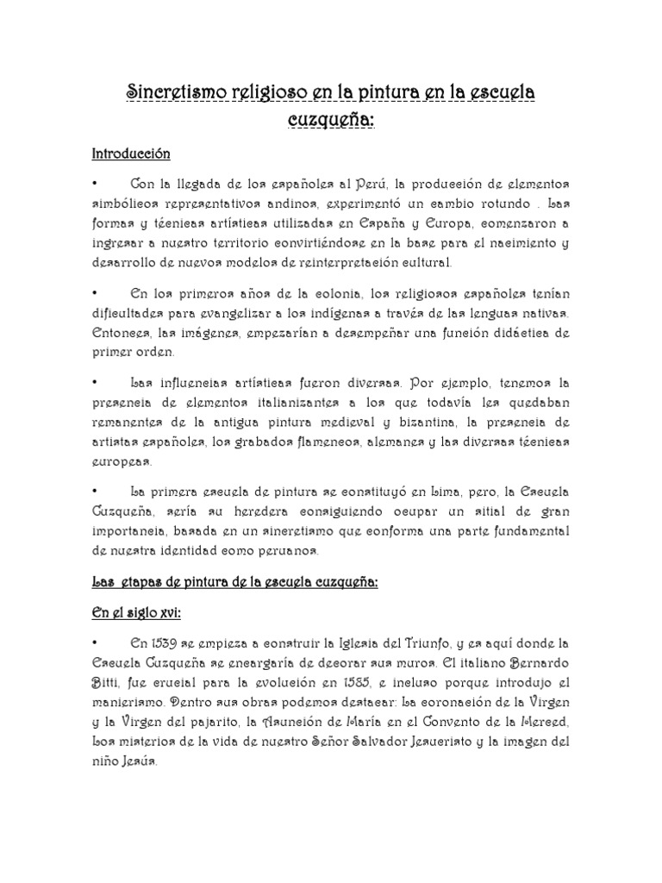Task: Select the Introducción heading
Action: pos(131,153)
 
